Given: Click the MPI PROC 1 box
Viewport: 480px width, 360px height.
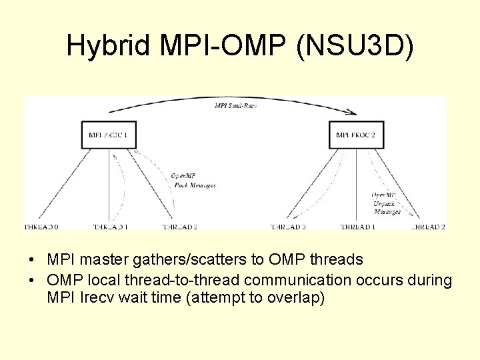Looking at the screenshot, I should coord(108,135).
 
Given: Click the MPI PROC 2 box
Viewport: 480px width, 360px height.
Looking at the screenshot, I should coord(356,135).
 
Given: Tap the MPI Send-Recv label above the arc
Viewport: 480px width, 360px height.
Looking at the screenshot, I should coord(236,106).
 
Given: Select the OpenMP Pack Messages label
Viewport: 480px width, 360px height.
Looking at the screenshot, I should coord(193,181).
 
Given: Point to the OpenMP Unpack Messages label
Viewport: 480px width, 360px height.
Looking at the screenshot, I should coord(387,203).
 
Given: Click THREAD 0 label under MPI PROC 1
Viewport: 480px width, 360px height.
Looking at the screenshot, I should coord(41,227).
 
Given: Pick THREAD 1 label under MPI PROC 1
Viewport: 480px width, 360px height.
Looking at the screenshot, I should coord(110,227).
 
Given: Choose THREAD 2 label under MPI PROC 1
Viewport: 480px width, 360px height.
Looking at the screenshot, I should coord(179,227).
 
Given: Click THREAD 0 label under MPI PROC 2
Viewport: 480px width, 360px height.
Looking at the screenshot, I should coord(288,227).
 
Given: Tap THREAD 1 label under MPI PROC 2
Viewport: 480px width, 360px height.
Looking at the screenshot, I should coord(358,227).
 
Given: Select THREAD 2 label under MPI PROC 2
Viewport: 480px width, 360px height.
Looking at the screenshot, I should coord(428,227).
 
